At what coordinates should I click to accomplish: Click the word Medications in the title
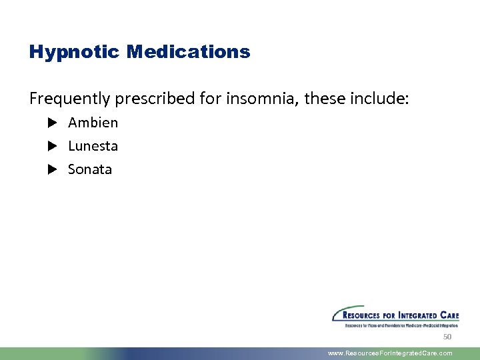pos(188,52)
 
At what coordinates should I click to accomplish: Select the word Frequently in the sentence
pos(70,99)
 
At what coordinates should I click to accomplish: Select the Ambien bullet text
pos(93,123)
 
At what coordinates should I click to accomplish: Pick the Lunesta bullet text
pos(93,146)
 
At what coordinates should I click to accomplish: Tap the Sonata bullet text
pos(90,169)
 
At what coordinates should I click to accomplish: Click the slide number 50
pos(447,337)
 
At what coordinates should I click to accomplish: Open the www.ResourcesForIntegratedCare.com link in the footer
pos(390,353)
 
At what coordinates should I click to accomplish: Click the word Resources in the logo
pos(364,315)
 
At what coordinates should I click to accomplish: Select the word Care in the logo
pos(449,315)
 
